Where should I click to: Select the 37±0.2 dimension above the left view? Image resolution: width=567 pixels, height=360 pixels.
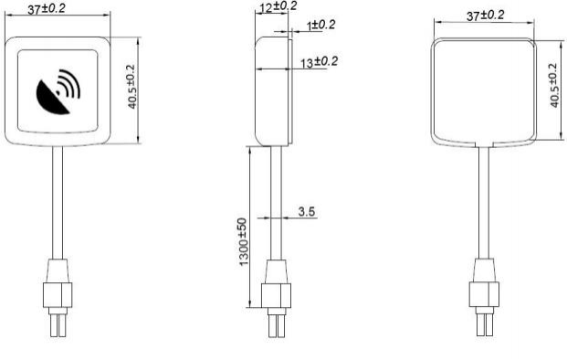[47, 9]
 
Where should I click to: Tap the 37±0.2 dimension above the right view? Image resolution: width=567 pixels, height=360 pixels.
[485, 16]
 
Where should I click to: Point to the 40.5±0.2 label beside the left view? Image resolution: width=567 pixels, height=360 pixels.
[131, 87]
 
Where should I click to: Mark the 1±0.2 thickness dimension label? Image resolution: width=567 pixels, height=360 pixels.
[321, 26]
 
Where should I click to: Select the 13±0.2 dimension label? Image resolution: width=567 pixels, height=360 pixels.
[320, 62]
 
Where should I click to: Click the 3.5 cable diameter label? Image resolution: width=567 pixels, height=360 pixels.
[307, 211]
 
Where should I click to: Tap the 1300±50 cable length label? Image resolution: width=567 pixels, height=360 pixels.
[244, 242]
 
